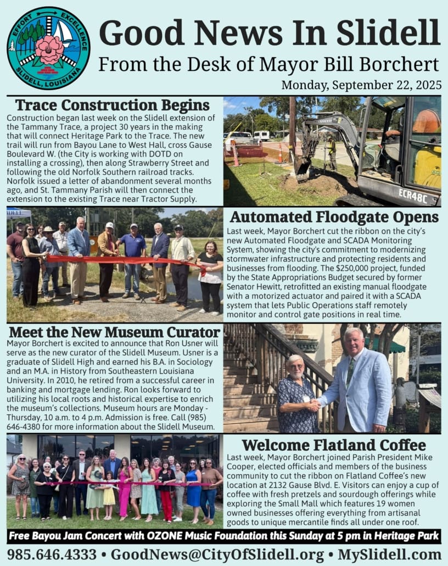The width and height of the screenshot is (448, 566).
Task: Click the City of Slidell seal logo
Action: coord(48,48)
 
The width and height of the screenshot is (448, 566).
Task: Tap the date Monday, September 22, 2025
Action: coord(361,85)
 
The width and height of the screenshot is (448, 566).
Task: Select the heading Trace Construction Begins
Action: coord(113,105)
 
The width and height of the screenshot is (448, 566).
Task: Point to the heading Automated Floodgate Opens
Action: coord(334,217)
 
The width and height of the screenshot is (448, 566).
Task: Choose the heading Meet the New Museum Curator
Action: coord(114,332)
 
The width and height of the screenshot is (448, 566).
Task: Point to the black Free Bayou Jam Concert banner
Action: coord(223,536)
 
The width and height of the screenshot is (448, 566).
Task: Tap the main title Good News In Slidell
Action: coord(269,33)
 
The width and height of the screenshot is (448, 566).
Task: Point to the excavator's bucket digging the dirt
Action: coord(301,168)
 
